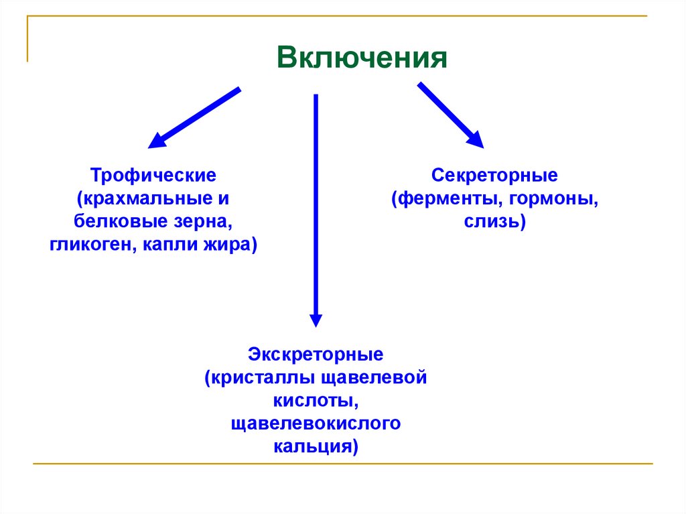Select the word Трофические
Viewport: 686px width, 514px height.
tap(153, 176)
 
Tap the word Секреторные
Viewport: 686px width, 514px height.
tap(494, 176)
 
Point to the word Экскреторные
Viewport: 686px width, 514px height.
tap(316, 353)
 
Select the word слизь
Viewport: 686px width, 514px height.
tap(494, 222)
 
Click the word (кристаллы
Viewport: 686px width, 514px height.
tap(252, 377)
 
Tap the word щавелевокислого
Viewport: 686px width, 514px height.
tap(316, 424)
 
